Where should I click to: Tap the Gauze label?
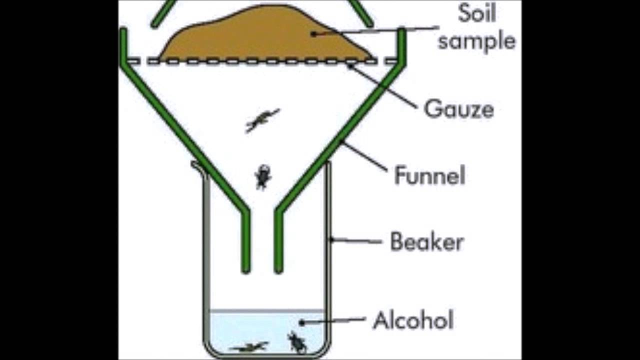(x=458, y=109)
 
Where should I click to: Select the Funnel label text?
(x=429, y=175)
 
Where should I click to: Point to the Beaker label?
(x=426, y=242)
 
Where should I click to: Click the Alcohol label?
(x=413, y=320)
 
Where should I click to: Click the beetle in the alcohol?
(x=296, y=342)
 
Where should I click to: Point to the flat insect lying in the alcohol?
(x=249, y=346)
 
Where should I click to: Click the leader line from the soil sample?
(x=375, y=31)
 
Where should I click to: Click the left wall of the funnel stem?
(x=245, y=240)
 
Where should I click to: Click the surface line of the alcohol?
(x=265, y=311)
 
